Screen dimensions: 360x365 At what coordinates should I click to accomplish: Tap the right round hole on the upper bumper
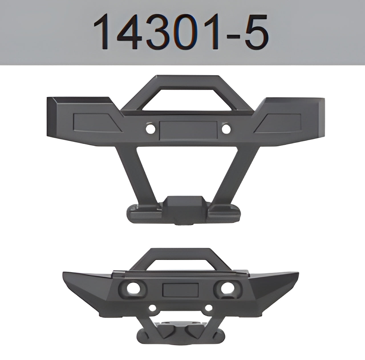(x=226, y=129)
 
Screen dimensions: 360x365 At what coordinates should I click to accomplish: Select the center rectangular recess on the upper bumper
(x=187, y=130)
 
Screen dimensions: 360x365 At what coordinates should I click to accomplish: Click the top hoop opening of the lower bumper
(x=181, y=264)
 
